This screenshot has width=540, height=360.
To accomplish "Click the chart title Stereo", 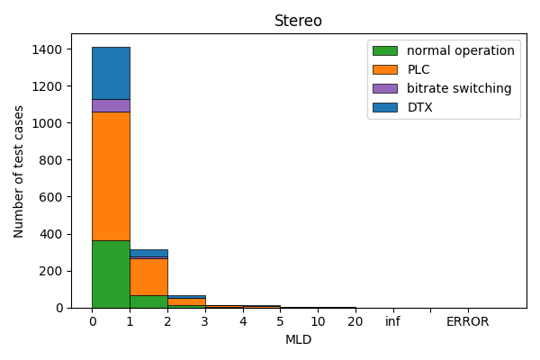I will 298,21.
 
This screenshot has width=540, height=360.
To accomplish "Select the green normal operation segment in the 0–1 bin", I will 111,274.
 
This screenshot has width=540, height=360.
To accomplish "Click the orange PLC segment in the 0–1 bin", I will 111,175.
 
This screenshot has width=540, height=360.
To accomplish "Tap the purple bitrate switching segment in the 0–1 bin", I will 111,105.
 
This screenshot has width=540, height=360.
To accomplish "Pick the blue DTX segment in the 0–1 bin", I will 111,73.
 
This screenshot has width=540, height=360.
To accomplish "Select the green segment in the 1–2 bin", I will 148,301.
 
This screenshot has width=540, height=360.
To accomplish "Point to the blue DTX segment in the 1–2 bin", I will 148,253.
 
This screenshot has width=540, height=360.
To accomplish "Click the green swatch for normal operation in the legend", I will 384,50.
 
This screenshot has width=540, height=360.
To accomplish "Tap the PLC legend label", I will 418,69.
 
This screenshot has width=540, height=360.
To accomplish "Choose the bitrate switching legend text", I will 458,88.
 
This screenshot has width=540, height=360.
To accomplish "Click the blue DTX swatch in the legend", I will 384,107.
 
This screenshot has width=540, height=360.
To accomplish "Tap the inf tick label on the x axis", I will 392,321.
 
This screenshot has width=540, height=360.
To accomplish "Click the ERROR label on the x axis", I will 468,321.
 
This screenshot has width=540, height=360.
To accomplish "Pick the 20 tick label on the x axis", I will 355,321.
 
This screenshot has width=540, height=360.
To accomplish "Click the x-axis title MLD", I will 298,339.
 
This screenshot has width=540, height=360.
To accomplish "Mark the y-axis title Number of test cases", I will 19,171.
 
